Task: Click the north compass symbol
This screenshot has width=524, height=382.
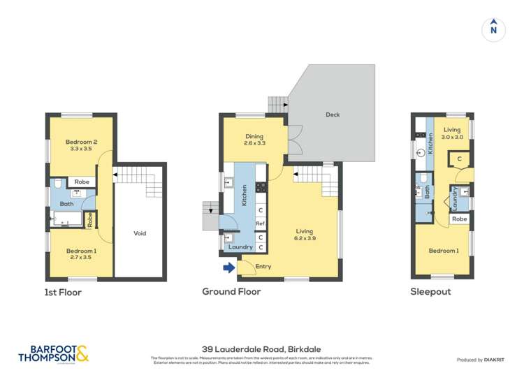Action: point(493,29)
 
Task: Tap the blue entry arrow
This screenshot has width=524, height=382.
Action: point(228,267)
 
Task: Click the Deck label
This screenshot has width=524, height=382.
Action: point(333,115)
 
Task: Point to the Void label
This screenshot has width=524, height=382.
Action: point(140,233)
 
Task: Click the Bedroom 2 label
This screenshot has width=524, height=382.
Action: point(81,145)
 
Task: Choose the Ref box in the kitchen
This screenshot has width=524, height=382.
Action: point(260,223)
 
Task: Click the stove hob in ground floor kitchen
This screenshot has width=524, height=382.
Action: point(261,187)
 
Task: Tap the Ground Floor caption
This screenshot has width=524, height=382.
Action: point(231,292)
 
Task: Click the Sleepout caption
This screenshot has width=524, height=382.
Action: point(430,292)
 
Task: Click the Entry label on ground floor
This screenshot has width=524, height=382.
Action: point(263,267)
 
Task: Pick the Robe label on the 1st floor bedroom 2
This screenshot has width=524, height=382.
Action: point(82,182)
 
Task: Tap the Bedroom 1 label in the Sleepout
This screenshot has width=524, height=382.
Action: point(444,251)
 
